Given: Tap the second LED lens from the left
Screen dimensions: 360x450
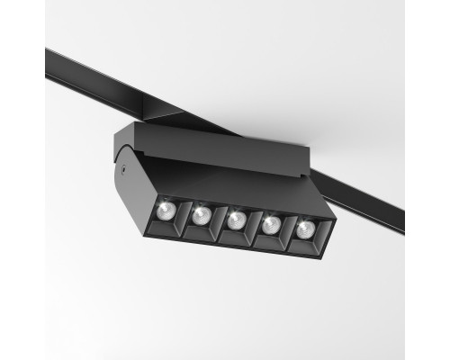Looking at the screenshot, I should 201,215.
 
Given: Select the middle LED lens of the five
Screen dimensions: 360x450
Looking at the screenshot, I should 236,220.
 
